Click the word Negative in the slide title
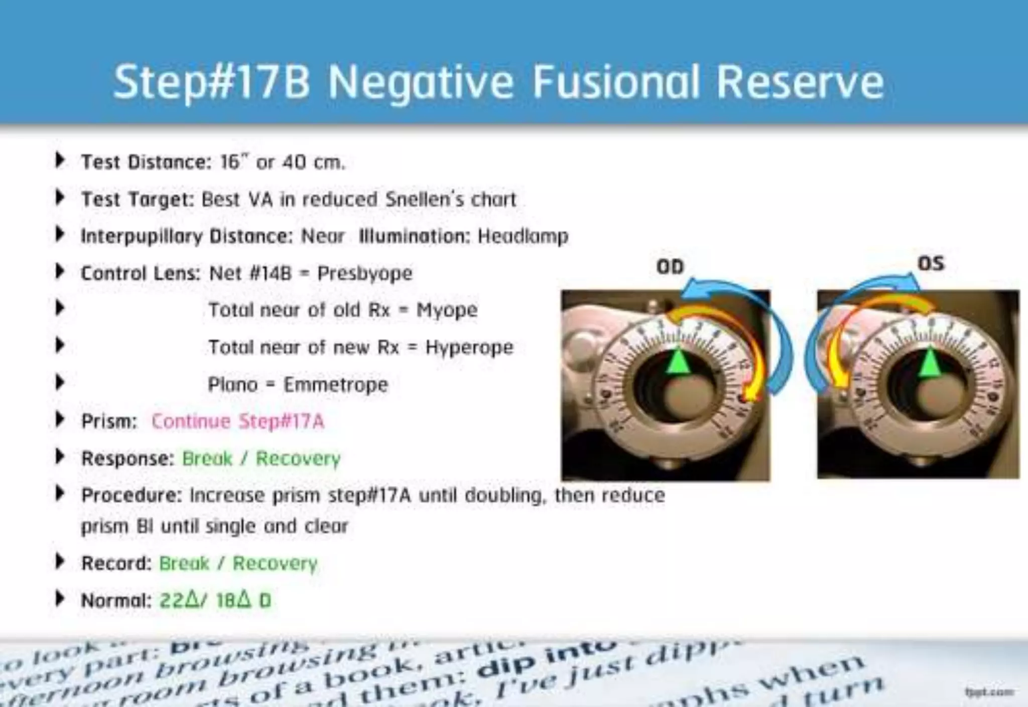[x=421, y=82]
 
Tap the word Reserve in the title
[x=800, y=82]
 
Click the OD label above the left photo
[x=670, y=266]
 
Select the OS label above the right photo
[x=931, y=263]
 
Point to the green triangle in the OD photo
[x=679, y=361]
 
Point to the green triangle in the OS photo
[x=930, y=361]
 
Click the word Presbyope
[x=365, y=273]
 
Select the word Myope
[x=447, y=310]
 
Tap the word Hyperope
[x=469, y=347]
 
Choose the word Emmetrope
[x=336, y=385]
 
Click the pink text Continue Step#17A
[x=238, y=421]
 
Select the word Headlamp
[x=523, y=236]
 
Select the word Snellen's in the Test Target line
[x=425, y=199]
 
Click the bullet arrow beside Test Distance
[x=60, y=160]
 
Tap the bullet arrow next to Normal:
[x=60, y=599]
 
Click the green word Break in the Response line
[x=207, y=458]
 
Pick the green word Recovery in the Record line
[x=275, y=563]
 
